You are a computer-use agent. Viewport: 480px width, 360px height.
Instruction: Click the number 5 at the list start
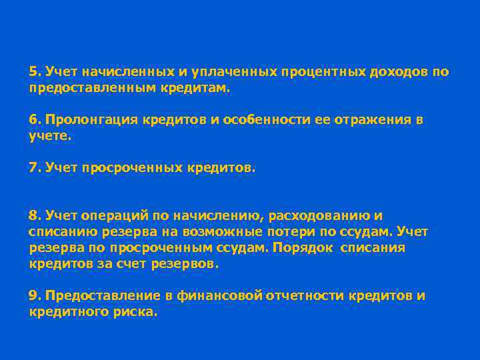pos(33,71)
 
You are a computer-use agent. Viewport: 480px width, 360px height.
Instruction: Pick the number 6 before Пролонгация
pos(33,120)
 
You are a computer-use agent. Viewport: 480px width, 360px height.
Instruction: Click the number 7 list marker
pos(33,168)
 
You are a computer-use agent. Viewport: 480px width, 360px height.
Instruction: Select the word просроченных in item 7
pos(131,168)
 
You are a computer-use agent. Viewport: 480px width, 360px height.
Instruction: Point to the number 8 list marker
pos(33,215)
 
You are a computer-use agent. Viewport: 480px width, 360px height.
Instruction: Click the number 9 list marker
pos(33,295)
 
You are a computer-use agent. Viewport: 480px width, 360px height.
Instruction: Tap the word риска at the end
pos(137,311)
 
